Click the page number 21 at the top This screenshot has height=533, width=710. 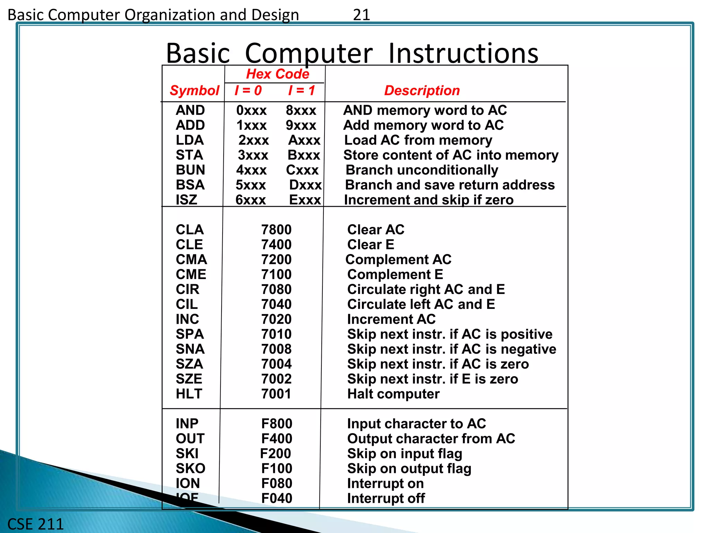pos(361,15)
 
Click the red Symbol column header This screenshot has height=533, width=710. pos(194,91)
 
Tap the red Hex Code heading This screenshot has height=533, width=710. pos(277,74)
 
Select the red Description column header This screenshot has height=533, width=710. pos(422,91)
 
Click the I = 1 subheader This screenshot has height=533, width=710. pos(301,91)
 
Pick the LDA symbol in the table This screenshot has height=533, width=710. pos(190,140)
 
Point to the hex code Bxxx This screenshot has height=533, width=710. pos(304,155)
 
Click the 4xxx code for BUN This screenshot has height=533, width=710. pos(251,170)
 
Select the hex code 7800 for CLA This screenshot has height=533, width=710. pos(276,230)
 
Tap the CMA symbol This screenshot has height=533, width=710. pos(191,260)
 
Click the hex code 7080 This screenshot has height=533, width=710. pos(276,289)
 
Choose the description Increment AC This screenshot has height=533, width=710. pos(391,319)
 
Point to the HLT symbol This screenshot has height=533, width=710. pos(189,394)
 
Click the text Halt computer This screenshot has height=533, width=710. pos(393,394)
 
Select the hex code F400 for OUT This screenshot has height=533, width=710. pos(277,439)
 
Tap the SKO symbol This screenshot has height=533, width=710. pos(190,468)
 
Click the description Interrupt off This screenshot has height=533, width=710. pos(386,498)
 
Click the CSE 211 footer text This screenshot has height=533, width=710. pos(35,524)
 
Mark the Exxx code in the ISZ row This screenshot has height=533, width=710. pos(305,200)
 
